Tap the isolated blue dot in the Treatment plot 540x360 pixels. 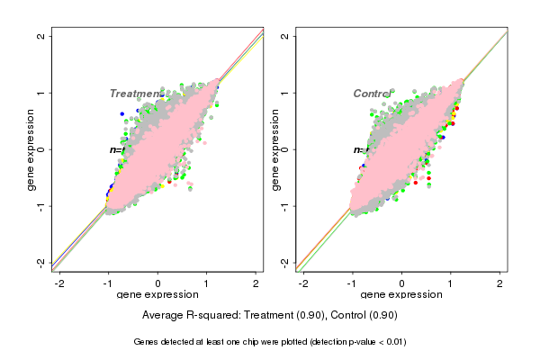pos(121,114)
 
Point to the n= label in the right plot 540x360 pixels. pos(359,149)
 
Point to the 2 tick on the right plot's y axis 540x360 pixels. pos(284,36)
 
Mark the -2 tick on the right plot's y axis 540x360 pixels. pos(284,262)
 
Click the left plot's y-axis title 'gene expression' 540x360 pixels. pos(31,149)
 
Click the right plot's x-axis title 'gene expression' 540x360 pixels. pos(400,295)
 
